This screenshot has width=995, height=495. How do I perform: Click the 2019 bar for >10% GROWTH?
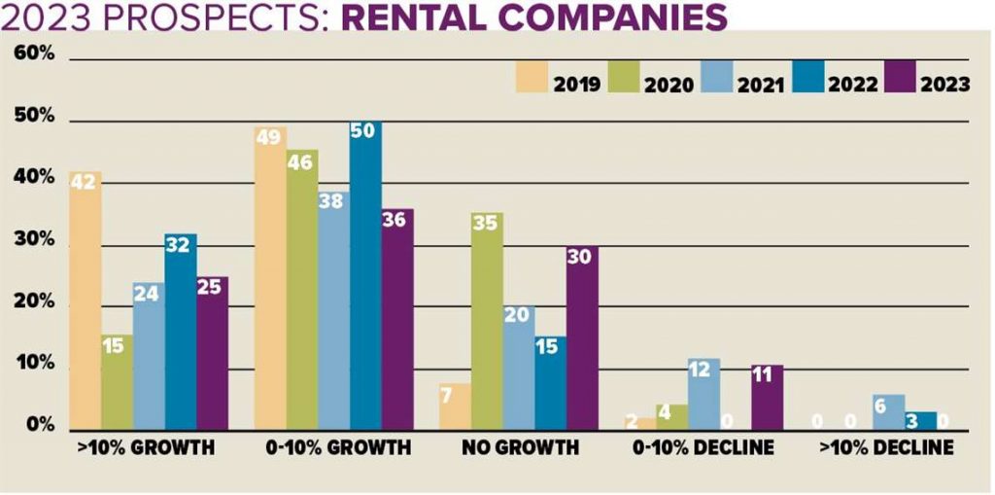click(86, 301)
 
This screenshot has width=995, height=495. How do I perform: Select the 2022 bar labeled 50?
click(365, 277)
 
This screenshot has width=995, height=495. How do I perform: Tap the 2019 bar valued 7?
click(455, 407)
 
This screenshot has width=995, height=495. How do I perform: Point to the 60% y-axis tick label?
click(34, 53)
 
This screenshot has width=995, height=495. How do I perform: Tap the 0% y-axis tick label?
click(38, 426)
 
